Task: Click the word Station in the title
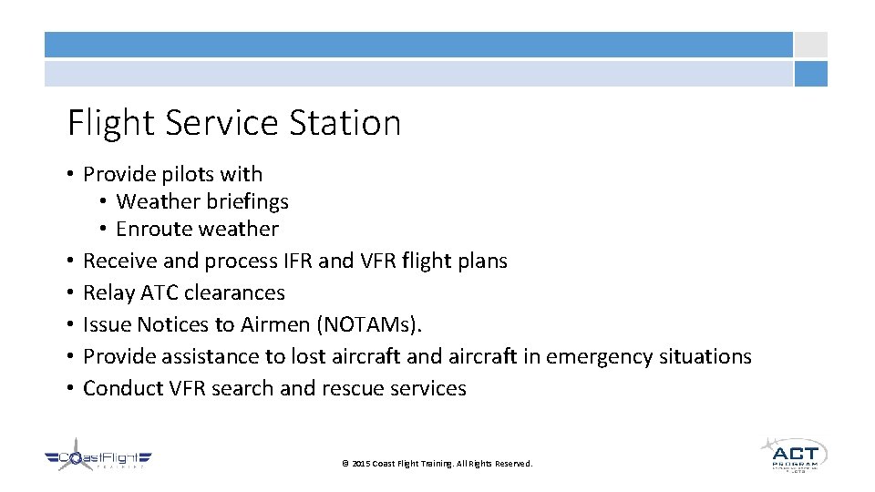tap(345, 123)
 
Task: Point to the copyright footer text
tap(437, 464)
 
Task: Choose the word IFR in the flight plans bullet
tap(292, 261)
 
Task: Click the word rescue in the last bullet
tap(352, 388)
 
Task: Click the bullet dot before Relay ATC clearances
tap(70, 292)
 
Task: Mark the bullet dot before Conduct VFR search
tap(70, 388)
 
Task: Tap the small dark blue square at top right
tap(810, 74)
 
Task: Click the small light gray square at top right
tap(810, 45)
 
